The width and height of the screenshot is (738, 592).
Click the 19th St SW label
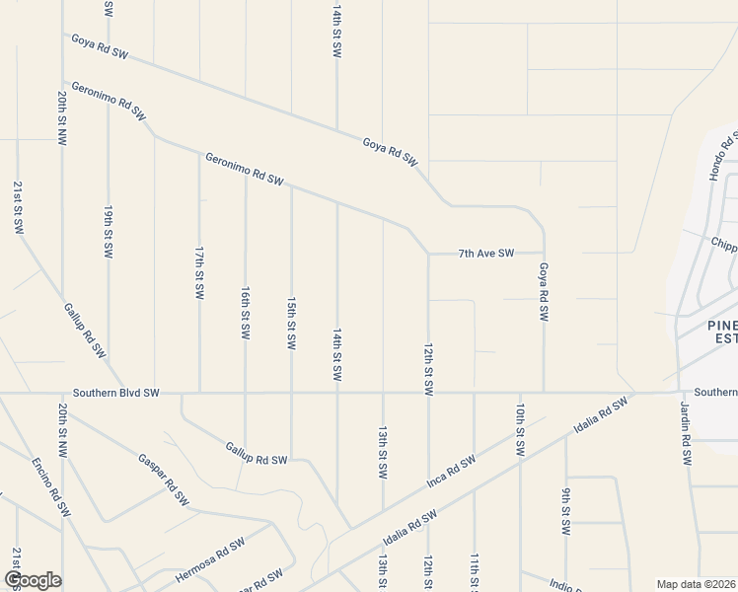(109, 233)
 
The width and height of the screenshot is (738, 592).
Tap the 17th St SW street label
(199, 274)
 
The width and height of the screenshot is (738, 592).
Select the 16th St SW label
(245, 314)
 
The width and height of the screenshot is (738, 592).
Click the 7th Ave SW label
(486, 254)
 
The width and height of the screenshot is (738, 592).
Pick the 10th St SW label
(520, 428)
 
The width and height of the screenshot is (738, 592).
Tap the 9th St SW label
(566, 512)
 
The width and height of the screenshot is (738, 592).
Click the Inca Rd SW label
(451, 471)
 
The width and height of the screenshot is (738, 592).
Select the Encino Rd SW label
(51, 487)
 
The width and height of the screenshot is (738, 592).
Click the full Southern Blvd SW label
(115, 393)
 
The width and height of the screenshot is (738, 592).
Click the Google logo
(34, 579)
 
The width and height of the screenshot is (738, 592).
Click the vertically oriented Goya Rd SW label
(543, 291)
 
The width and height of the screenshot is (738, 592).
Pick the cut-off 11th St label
(475, 572)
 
